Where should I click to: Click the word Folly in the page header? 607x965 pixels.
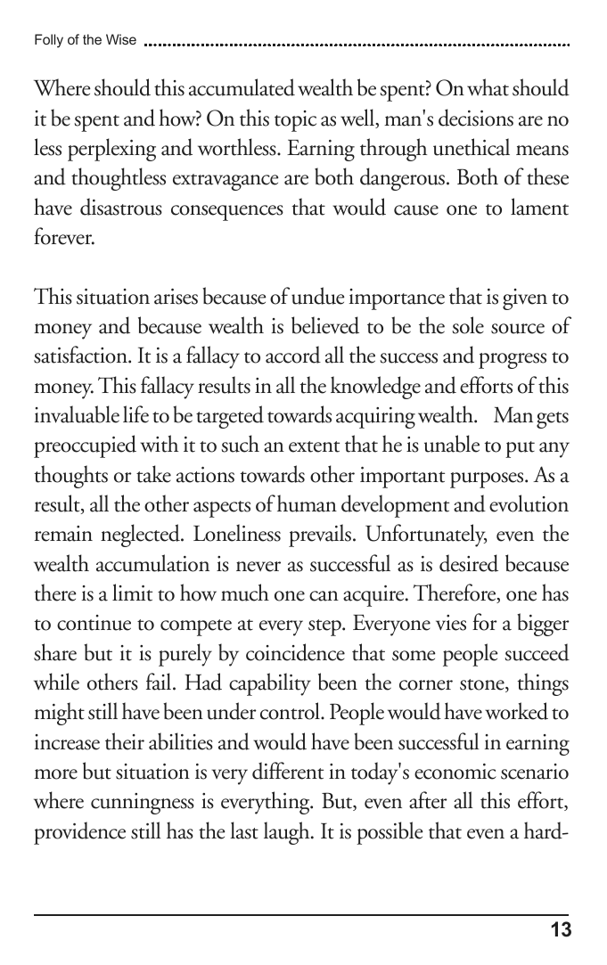pyautogui.click(x=45, y=40)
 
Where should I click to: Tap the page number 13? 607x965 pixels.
pyautogui.click(x=561, y=931)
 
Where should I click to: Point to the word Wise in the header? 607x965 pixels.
pyautogui.click(x=121, y=40)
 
